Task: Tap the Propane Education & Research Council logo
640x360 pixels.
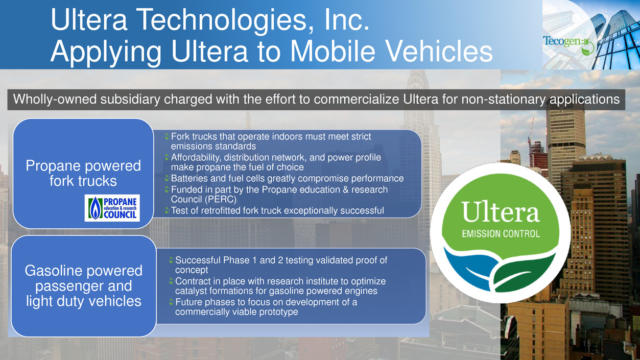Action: tap(112, 208)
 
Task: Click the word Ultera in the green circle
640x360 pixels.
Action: tap(501, 212)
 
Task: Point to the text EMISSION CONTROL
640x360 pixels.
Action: tap(501, 234)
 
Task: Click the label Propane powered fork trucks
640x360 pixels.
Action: tap(83, 173)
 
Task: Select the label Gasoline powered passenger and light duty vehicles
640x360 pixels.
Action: tap(83, 286)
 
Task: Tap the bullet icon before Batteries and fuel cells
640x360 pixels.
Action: tap(167, 179)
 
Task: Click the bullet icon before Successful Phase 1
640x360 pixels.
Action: tap(172, 260)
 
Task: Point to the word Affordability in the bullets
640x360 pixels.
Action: tap(196, 158)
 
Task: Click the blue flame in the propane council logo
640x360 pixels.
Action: tap(95, 208)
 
